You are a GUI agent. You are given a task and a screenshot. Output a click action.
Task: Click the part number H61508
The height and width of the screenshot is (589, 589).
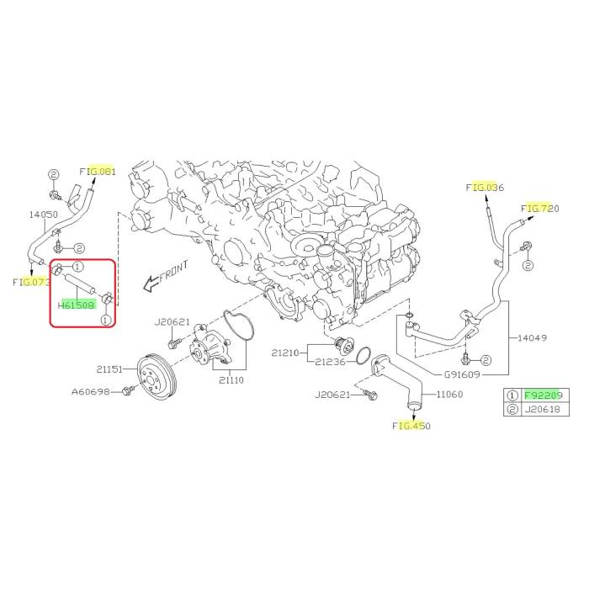pos(77,305)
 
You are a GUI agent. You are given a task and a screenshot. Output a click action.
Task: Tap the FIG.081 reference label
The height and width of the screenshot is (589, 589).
pos(98,172)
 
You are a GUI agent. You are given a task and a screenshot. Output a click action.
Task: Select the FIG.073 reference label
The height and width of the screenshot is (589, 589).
pos(31,282)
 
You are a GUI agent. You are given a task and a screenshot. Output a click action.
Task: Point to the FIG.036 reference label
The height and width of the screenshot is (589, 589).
pos(485,187)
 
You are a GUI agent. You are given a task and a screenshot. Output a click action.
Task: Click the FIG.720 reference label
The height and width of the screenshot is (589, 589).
pos(540,208)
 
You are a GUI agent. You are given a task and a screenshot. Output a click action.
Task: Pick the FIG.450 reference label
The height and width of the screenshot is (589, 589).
pos(411,426)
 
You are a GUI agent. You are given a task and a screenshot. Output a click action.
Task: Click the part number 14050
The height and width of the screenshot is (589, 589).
pos(44,215)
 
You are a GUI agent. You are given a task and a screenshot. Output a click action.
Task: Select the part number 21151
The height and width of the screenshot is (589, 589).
pos(109,369)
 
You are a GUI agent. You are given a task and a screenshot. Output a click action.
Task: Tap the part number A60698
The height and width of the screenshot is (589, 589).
pos(91,392)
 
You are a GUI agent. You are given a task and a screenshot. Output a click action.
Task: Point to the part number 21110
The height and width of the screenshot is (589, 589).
pos(231,380)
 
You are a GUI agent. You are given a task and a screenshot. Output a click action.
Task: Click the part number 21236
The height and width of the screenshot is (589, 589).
pos(330,362)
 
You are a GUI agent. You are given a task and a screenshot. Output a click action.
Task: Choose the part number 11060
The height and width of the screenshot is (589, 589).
pos(449,394)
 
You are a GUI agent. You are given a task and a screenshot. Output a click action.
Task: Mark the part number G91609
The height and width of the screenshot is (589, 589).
pos(462,374)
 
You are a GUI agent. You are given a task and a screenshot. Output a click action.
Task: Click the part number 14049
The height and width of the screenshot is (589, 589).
pos(533,337)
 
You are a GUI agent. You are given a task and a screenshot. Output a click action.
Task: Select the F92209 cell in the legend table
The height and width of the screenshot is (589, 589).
pos(544,395)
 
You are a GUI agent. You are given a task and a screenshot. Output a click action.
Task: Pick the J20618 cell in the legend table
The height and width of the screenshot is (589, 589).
pos(544,409)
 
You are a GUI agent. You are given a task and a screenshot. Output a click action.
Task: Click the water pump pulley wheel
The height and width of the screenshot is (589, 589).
pos(155,377)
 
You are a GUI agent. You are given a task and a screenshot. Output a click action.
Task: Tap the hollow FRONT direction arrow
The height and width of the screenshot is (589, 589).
pos(151,284)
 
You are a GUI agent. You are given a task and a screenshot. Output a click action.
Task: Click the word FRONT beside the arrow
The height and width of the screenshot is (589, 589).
pos(174,271)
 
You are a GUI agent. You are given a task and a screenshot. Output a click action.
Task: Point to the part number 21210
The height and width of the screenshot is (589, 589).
pos(285,353)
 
